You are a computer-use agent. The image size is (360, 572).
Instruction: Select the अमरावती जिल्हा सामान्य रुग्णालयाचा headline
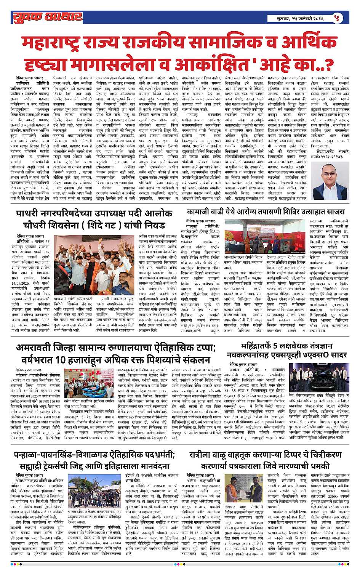(x=116, y=354)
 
